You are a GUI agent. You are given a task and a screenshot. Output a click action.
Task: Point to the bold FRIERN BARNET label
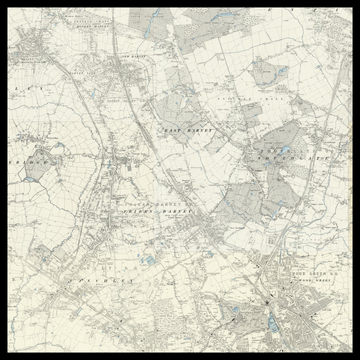[x=150, y=212]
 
